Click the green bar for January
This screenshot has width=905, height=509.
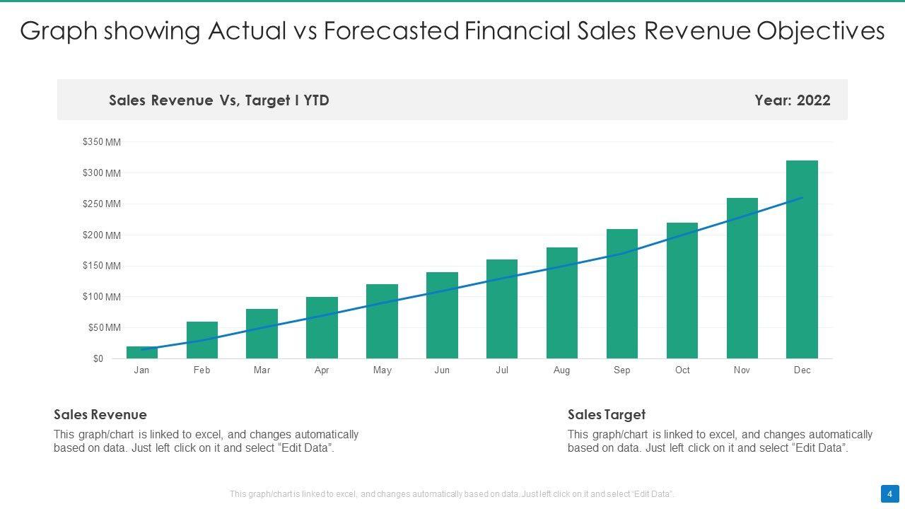click(142, 353)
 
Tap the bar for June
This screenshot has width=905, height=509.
click(442, 315)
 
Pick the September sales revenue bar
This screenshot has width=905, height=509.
click(622, 293)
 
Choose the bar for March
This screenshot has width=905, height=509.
click(262, 334)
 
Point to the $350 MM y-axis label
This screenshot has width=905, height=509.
click(102, 142)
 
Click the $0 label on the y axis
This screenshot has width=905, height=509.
click(98, 358)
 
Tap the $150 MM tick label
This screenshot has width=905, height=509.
click(102, 266)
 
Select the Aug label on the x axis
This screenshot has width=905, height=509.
click(561, 370)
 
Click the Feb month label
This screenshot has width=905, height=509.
click(202, 370)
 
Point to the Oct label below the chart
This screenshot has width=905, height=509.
click(682, 370)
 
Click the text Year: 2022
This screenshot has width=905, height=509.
click(792, 100)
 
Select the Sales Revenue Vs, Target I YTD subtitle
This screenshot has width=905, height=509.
click(219, 100)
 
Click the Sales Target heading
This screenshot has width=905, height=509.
click(607, 415)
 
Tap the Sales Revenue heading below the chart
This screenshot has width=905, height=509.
click(100, 415)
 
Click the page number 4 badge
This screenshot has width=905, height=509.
click(889, 493)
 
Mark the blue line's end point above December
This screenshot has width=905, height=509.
click(802, 198)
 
